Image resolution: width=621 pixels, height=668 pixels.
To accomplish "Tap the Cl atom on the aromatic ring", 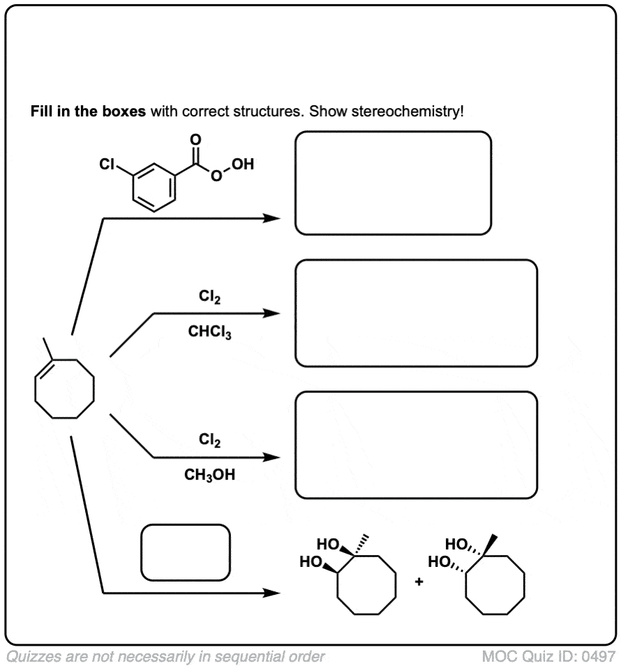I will pyautogui.click(x=106, y=165).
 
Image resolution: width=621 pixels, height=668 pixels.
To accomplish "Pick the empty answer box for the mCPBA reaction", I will pyautogui.click(x=393, y=183).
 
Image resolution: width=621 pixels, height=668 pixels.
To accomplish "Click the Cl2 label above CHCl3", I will pyautogui.click(x=209, y=298).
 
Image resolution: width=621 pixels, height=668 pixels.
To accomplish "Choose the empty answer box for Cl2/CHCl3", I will pyautogui.click(x=416, y=313).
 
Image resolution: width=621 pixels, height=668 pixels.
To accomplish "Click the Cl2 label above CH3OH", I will pyautogui.click(x=209, y=440).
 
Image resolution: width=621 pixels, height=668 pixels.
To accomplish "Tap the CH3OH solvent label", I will pyautogui.click(x=209, y=475).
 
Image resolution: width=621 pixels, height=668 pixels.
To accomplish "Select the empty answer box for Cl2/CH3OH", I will pyautogui.click(x=416, y=445).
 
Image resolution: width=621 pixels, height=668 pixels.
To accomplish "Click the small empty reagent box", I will pyautogui.click(x=185, y=552).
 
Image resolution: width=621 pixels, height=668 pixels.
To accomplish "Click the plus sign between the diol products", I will pyautogui.click(x=419, y=581).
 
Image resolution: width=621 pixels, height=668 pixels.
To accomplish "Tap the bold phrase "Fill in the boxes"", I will pyautogui.click(x=87, y=112).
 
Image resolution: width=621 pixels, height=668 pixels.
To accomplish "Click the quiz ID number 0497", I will pyautogui.click(x=599, y=656).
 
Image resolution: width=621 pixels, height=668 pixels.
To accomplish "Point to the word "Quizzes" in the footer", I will pyautogui.click(x=31, y=656).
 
